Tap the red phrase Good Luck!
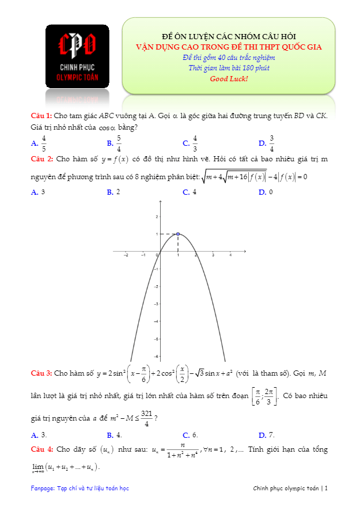coord(229,78)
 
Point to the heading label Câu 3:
coord(42,373)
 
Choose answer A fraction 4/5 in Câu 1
coord(44,143)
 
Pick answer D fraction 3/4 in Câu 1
coord(271,143)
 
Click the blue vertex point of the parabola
coord(178,234)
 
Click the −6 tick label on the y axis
coord(155,357)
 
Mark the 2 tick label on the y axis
coord(156,217)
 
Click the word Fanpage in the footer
coord(43,489)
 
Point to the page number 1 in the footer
coord(326,489)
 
